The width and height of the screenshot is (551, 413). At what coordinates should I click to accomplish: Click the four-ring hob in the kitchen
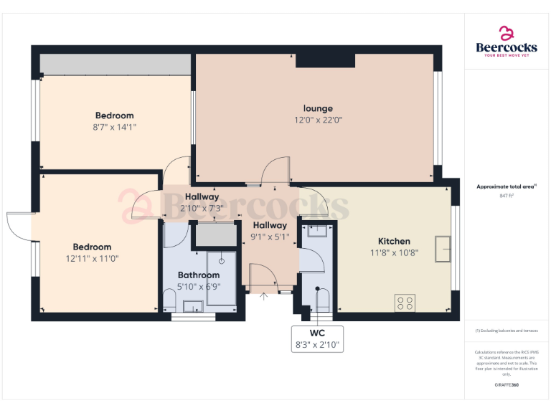tap(405, 303)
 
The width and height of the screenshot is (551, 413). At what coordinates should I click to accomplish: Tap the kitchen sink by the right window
tap(442, 250)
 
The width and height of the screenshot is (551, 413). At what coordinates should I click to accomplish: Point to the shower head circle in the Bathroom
tap(222, 252)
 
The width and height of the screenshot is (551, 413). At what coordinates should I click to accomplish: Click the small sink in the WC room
tap(316, 231)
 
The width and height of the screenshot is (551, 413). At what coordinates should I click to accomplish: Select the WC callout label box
tap(317, 339)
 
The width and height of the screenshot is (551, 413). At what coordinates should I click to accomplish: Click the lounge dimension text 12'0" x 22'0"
tap(318, 120)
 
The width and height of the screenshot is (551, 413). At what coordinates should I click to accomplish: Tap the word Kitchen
tap(394, 241)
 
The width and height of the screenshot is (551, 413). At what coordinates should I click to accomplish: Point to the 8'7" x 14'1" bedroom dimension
tap(114, 127)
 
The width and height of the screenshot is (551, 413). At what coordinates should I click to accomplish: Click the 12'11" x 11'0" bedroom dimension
tap(92, 258)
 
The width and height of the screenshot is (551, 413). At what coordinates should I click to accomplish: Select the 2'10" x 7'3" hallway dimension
tap(202, 208)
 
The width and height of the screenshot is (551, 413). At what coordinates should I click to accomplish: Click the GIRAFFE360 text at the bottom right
tap(506, 386)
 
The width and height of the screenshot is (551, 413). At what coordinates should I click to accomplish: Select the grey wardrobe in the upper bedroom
tap(114, 65)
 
